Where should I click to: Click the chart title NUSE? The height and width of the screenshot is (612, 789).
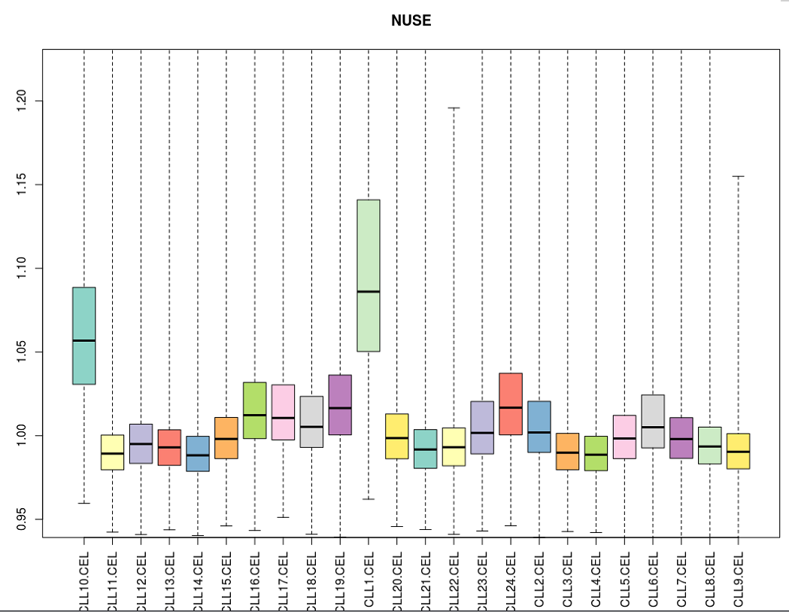[411, 21]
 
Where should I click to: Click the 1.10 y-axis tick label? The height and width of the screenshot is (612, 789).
[23, 268]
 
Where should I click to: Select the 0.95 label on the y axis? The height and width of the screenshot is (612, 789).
[23, 519]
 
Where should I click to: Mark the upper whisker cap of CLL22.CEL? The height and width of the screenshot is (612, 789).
[454, 108]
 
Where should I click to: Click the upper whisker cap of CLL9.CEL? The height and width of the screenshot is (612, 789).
[738, 176]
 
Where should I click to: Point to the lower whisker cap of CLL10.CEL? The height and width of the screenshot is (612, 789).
[83, 503]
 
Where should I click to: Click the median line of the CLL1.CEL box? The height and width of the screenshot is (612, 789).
[368, 291]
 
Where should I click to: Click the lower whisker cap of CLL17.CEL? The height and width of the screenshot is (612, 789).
[283, 517]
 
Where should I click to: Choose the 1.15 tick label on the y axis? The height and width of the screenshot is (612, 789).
[23, 184]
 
